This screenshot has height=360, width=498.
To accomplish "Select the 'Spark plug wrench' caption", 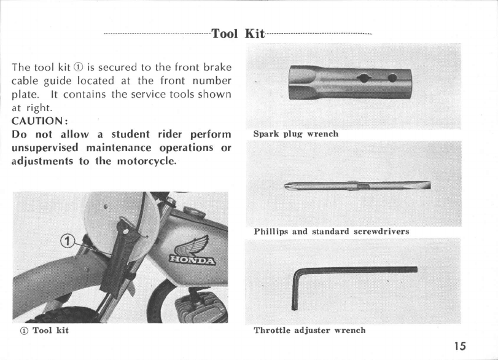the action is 296,133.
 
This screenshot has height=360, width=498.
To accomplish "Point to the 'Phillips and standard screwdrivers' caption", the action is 332,232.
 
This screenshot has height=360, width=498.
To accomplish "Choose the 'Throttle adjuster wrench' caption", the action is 310,331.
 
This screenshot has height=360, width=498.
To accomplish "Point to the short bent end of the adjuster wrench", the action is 297,292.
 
